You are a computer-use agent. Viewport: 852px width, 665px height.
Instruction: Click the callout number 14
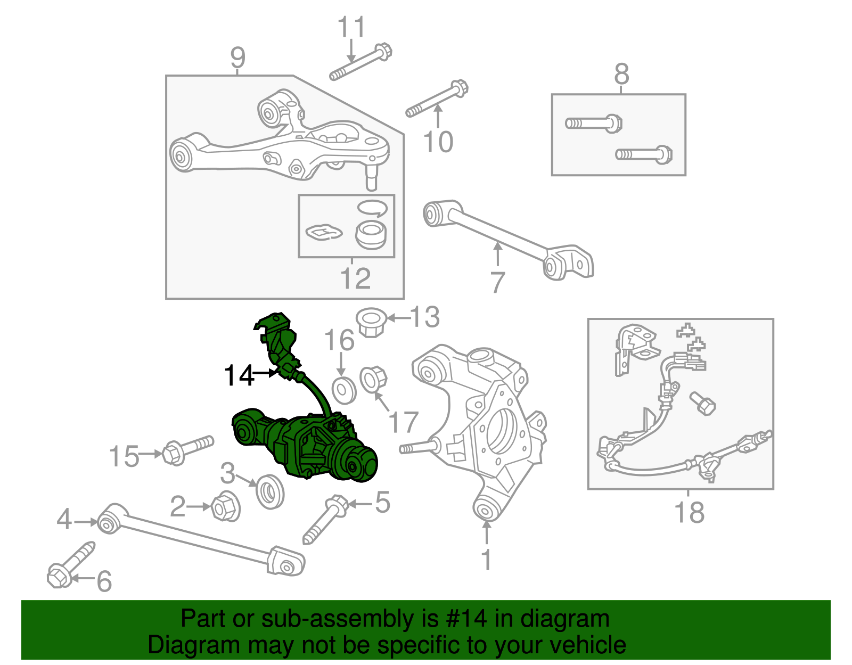(x=239, y=375)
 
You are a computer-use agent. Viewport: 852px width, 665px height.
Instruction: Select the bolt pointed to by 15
(x=186, y=449)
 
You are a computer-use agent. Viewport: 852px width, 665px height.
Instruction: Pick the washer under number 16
(x=343, y=390)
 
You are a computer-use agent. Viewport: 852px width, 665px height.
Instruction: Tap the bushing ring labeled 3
(x=270, y=491)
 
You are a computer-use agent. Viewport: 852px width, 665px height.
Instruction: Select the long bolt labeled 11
(x=361, y=63)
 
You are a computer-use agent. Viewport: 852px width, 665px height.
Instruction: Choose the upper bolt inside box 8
(x=594, y=124)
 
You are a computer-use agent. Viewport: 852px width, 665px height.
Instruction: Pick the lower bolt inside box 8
(x=644, y=155)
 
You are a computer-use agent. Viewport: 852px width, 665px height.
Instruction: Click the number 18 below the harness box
(x=689, y=513)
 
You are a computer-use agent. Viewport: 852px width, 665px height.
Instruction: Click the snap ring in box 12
(x=372, y=208)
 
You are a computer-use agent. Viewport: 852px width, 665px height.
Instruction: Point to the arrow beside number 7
(x=497, y=254)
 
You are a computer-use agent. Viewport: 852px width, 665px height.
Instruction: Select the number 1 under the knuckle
(x=486, y=560)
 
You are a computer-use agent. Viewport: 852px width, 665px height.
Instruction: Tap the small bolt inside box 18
(x=702, y=404)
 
